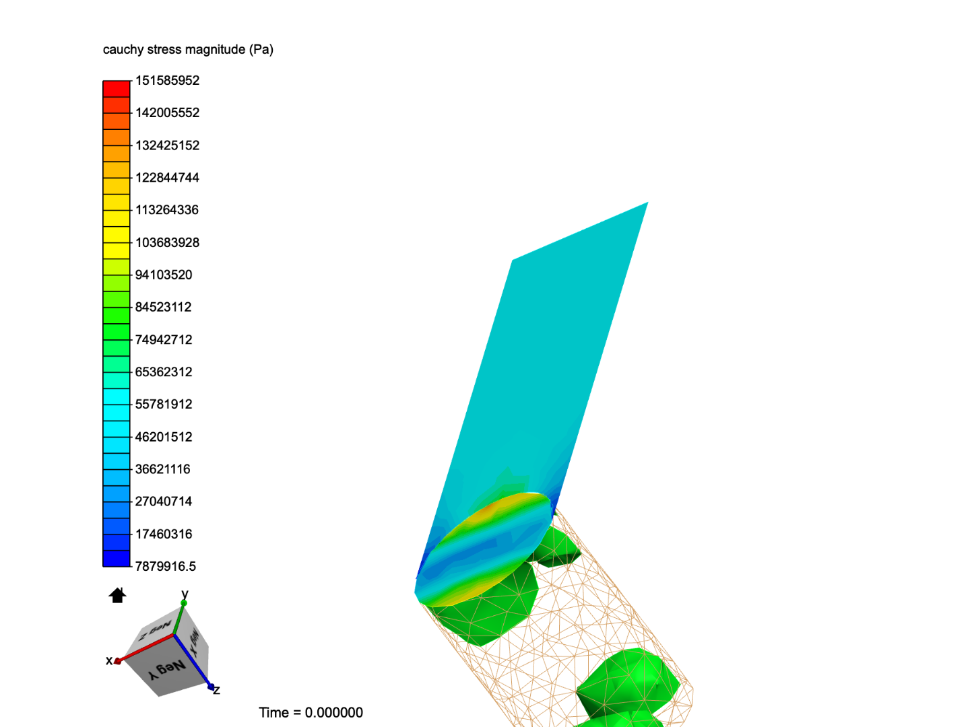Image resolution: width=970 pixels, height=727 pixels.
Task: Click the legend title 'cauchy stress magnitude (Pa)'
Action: click(188, 50)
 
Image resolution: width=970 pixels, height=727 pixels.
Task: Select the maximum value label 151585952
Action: click(167, 81)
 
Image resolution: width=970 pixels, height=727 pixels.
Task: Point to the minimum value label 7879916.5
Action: click(165, 566)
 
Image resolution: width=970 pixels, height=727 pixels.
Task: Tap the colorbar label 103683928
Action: click(167, 242)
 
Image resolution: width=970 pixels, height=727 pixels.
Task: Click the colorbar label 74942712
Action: click(164, 340)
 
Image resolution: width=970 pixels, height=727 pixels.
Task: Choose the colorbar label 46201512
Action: click(164, 437)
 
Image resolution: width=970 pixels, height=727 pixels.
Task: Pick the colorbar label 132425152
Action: click(167, 145)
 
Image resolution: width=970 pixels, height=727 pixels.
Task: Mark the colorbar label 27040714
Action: click(164, 501)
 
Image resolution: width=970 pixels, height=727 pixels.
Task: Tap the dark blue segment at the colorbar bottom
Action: click(116, 559)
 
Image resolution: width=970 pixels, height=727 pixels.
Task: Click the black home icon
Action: click(117, 595)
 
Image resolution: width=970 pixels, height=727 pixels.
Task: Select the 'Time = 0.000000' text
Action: click(311, 712)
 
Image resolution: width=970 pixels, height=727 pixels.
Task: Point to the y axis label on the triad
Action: click(185, 594)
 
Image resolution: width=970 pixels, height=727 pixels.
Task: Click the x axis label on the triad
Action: click(108, 661)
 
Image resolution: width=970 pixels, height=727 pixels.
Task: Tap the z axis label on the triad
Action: click(217, 691)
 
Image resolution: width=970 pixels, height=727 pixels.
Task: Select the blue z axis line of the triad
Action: click(194, 662)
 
